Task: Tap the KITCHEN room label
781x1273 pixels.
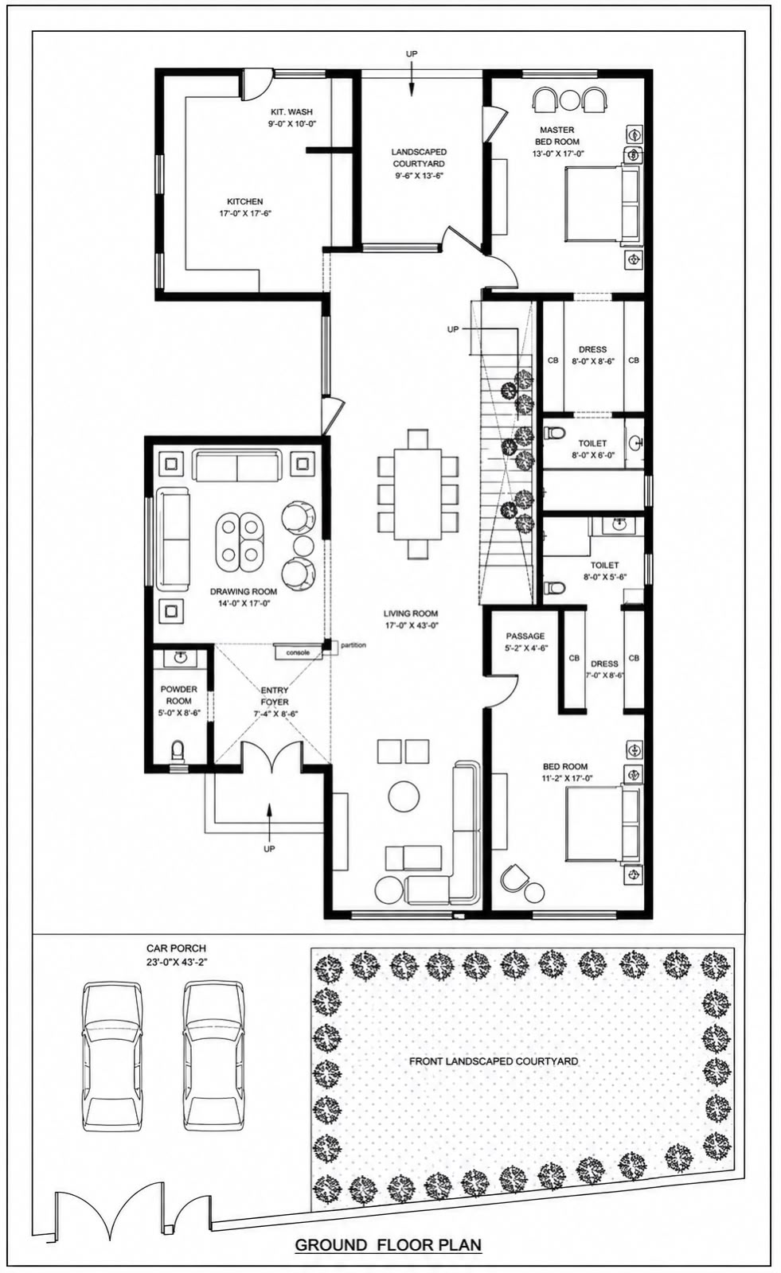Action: click(245, 202)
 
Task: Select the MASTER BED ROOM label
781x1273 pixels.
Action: click(557, 136)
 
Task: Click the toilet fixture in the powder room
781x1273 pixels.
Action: click(178, 752)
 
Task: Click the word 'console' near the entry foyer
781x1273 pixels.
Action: click(298, 652)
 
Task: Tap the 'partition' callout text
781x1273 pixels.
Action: click(353, 645)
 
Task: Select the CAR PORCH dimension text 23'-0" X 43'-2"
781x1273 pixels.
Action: click(176, 963)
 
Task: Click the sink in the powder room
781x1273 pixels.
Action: click(180, 658)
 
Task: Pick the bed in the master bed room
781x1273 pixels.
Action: click(603, 204)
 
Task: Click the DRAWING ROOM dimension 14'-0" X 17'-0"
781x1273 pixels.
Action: click(244, 604)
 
